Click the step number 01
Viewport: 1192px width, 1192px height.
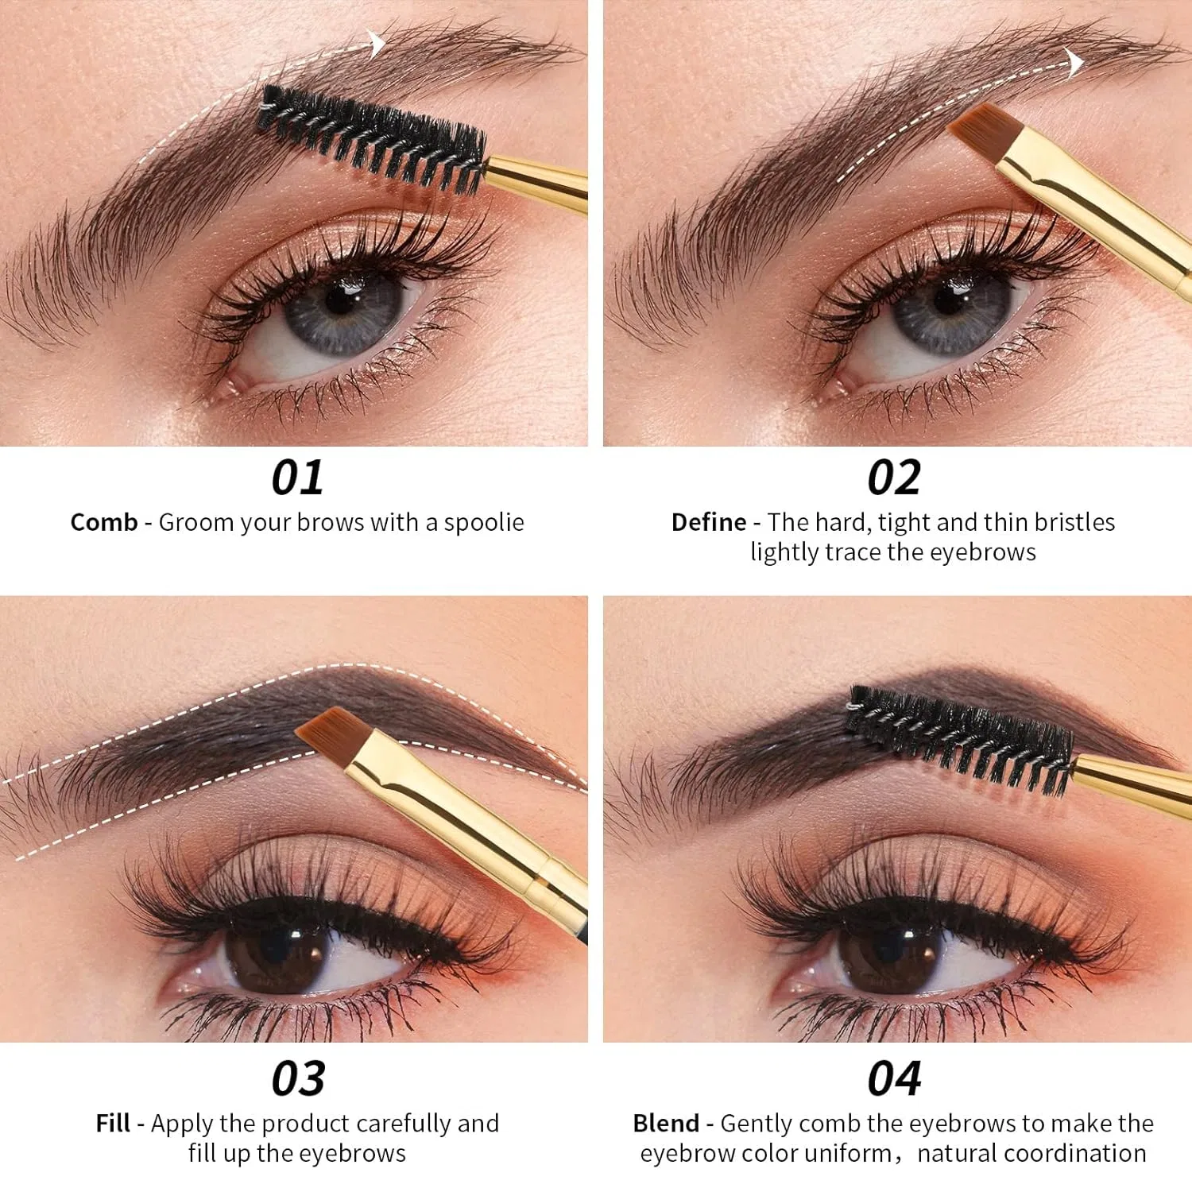(x=297, y=478)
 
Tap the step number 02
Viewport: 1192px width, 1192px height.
(x=894, y=478)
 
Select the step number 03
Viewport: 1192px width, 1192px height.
(x=298, y=1078)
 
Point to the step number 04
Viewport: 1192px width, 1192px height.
(x=895, y=1078)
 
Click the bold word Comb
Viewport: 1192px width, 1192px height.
(x=104, y=522)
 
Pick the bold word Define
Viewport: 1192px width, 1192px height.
(x=709, y=522)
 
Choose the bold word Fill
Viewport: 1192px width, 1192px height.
(x=113, y=1123)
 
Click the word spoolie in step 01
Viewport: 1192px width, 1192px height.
(x=484, y=523)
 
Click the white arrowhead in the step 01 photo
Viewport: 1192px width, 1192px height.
(x=377, y=43)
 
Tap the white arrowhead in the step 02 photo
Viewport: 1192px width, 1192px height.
(x=1075, y=63)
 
